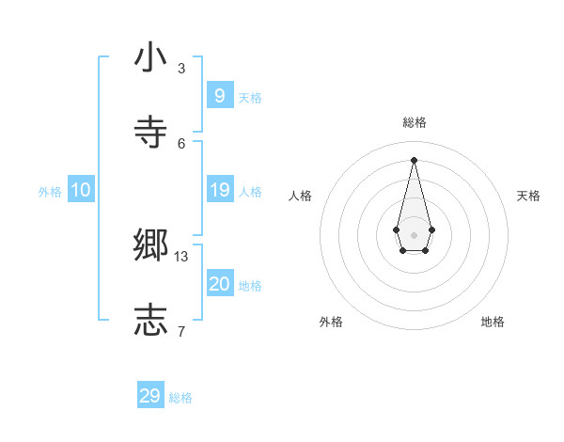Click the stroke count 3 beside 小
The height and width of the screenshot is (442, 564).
[x=181, y=68]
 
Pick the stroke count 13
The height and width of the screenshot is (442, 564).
[x=181, y=256]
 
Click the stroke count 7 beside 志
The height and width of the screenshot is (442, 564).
[x=181, y=330]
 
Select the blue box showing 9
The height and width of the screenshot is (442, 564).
[x=219, y=95]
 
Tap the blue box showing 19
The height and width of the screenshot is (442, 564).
[x=219, y=190]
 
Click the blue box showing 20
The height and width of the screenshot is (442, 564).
[x=219, y=284]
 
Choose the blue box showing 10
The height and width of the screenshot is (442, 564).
[x=80, y=190]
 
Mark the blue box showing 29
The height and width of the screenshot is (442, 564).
[x=149, y=396]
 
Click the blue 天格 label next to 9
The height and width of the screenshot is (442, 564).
[x=250, y=97]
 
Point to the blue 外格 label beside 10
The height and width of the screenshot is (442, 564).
[x=50, y=192]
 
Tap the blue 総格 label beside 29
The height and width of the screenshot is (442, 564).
[x=180, y=398]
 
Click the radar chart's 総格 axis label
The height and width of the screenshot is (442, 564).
[x=414, y=122]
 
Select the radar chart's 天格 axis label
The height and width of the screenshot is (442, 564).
[x=528, y=196]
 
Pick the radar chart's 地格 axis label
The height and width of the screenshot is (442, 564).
[x=493, y=322]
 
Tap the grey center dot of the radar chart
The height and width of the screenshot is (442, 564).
[x=414, y=235]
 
